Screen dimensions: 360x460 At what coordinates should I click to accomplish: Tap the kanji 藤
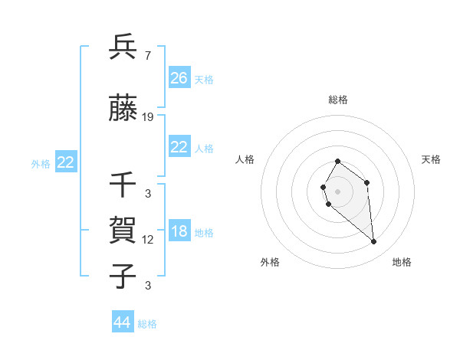click(123, 109)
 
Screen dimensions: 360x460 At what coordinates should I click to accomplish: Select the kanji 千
click(123, 186)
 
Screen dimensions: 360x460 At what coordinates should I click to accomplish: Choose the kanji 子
click(123, 277)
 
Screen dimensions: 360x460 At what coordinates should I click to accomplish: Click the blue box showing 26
click(179, 78)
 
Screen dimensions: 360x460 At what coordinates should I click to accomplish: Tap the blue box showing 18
click(179, 232)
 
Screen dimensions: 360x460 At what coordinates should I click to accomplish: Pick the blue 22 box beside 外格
click(65, 162)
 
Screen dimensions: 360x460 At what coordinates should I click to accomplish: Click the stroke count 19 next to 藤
click(148, 116)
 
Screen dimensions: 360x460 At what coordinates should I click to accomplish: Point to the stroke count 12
click(148, 239)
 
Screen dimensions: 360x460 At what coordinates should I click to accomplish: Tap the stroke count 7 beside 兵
click(147, 55)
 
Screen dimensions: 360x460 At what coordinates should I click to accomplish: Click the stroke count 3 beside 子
click(147, 285)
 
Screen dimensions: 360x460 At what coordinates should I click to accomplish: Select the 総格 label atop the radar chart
click(337, 100)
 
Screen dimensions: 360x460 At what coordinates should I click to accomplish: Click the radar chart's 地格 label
click(402, 262)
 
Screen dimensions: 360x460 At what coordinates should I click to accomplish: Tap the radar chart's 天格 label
click(431, 159)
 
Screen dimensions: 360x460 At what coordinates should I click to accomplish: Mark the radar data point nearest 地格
click(374, 242)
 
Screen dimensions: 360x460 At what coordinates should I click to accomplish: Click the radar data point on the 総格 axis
click(337, 162)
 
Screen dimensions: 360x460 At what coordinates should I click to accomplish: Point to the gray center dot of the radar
click(337, 191)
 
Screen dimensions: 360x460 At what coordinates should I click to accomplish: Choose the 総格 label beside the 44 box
click(147, 324)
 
